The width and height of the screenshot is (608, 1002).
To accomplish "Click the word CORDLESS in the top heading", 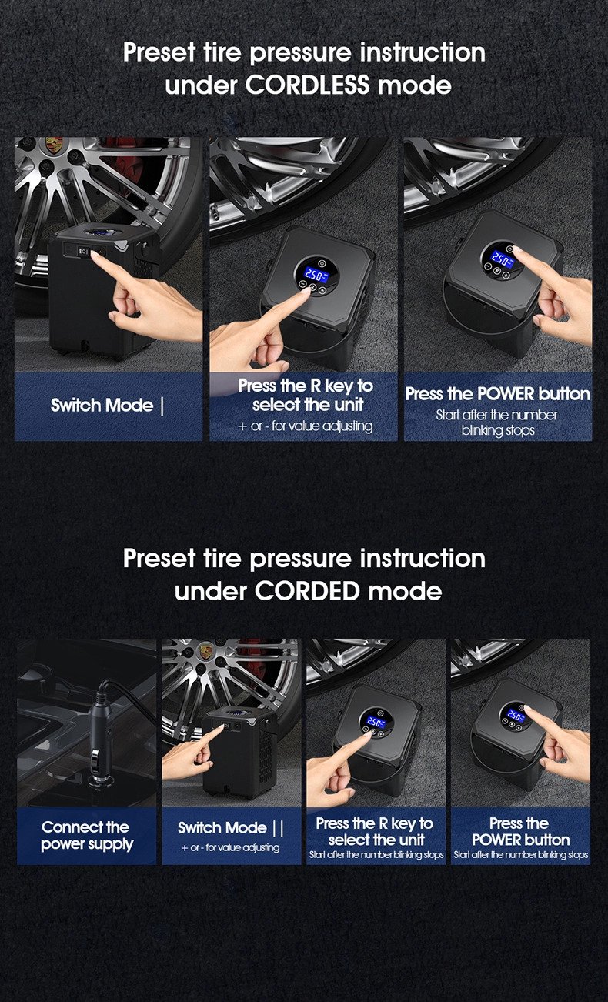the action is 307,85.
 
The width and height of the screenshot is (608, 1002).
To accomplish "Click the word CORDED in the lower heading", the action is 307,591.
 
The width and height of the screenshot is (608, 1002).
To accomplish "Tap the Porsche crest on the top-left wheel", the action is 54,145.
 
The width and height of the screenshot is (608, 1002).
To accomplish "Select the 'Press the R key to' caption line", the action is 305,386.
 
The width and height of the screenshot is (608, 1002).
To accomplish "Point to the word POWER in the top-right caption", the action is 506,394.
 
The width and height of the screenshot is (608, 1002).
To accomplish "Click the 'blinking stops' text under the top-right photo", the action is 498,431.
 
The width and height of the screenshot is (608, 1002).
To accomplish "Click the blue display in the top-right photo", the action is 500,259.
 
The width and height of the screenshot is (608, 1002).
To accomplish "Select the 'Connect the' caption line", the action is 85,827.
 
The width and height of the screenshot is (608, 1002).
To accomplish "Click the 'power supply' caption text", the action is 87,844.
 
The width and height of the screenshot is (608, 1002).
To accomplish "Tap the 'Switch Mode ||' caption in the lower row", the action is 230,827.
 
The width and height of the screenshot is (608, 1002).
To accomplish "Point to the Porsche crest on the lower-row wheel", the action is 205,650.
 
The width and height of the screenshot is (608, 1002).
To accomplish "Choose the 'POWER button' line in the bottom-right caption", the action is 521,840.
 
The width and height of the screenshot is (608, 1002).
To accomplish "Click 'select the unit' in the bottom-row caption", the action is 376,840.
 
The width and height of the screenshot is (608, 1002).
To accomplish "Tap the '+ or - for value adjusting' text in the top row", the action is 305,426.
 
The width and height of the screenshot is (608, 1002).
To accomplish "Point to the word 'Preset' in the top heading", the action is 159,53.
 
